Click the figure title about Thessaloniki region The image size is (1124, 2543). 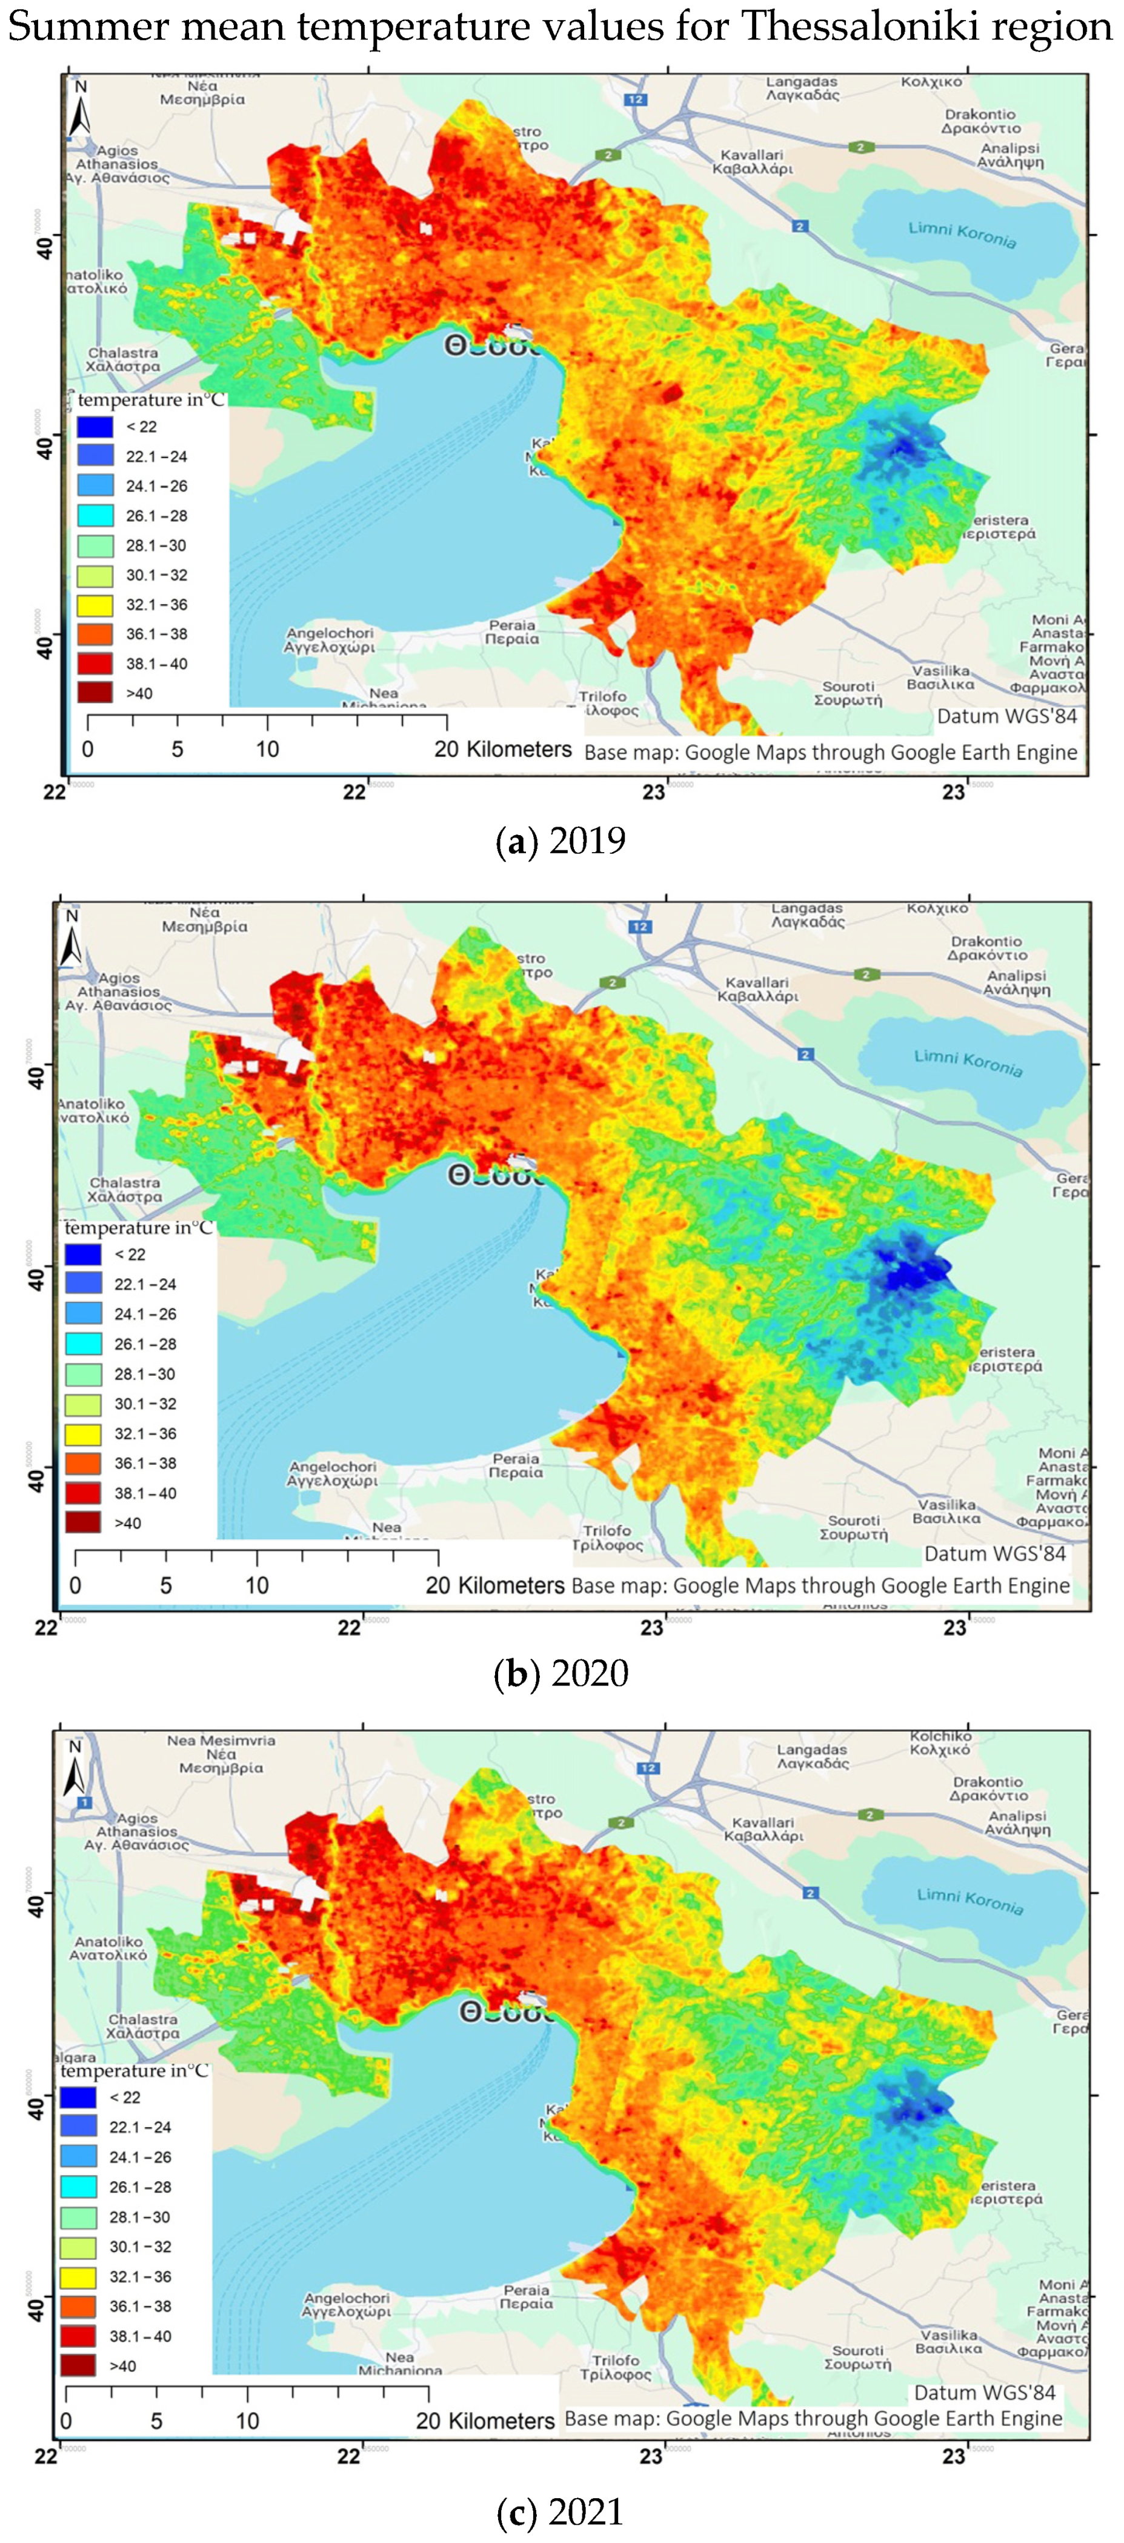560,27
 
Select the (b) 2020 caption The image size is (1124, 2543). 560,1672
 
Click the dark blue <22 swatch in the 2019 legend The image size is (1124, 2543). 95,427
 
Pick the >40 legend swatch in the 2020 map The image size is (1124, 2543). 83,1522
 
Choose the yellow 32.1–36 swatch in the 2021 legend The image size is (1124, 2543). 78,2276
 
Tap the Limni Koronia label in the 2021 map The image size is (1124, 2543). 969,1901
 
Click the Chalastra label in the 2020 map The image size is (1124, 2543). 125,1190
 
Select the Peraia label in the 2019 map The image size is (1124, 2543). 512,632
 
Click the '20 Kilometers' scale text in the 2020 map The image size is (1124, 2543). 494,1585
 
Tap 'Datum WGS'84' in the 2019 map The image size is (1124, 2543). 1006,716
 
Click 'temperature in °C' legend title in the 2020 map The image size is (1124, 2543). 138,1227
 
